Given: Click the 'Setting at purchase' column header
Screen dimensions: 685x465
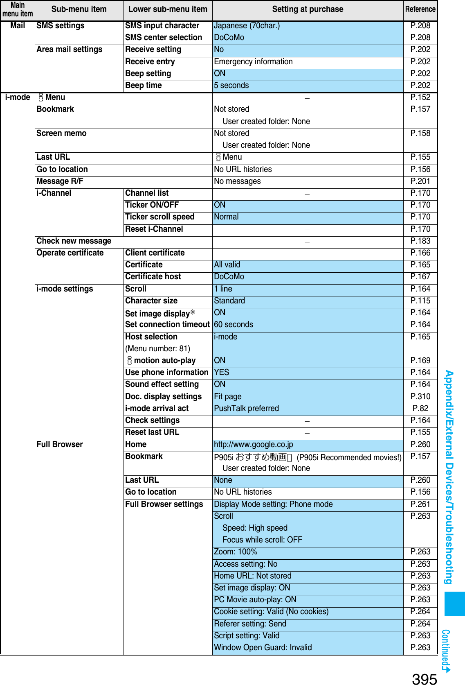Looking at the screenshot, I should (x=308, y=9).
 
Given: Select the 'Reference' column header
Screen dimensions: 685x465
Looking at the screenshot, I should (x=420, y=9).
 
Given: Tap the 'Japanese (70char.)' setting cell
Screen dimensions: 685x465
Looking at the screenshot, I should (x=247, y=26).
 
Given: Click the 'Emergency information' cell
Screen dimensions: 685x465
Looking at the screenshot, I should (x=253, y=62).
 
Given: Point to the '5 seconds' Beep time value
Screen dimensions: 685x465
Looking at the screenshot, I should (x=231, y=86).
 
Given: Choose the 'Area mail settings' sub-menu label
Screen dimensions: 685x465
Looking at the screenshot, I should (x=70, y=50).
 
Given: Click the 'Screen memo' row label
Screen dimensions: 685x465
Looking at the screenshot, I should (x=61, y=133).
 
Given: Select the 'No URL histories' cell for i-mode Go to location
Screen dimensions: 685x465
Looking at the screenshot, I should (x=243, y=170).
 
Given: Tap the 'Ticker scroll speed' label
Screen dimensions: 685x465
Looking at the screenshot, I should (x=160, y=217).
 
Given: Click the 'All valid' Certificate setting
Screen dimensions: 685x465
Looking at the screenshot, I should (x=227, y=265).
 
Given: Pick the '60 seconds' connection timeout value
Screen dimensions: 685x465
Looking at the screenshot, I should (x=234, y=325).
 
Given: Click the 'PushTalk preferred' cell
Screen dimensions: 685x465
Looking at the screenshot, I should (x=247, y=409).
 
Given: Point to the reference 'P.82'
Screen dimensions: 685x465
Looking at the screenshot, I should (x=420, y=409).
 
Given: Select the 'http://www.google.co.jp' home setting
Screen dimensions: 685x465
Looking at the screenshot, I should (x=254, y=445).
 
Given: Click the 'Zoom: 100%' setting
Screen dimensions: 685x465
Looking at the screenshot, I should (x=236, y=552).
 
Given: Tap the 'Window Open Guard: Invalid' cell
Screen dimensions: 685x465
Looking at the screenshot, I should (x=263, y=648).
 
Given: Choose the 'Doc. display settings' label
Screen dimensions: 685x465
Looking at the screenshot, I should (x=164, y=397).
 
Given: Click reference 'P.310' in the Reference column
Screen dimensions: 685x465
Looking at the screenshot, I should (x=420, y=397).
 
